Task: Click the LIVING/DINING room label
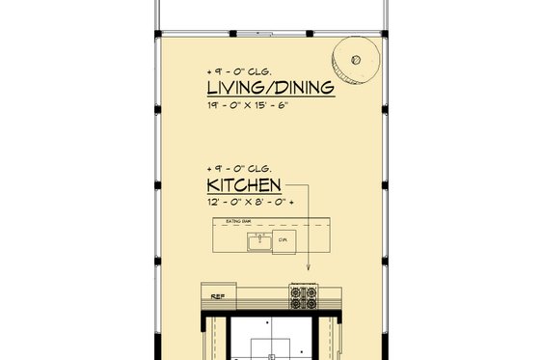point(270,89)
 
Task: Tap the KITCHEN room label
point(243,184)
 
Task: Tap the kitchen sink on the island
point(257,242)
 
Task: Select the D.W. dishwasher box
point(284,240)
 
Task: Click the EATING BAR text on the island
point(238,222)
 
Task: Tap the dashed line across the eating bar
point(289,227)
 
